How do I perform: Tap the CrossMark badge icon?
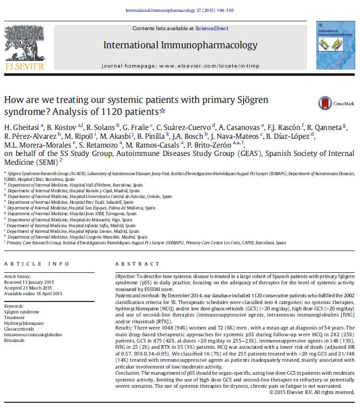326,102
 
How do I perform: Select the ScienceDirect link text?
210,28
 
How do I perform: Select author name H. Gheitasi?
21,128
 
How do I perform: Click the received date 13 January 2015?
42,281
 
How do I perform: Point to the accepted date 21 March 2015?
39,287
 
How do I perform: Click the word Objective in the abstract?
125,276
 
